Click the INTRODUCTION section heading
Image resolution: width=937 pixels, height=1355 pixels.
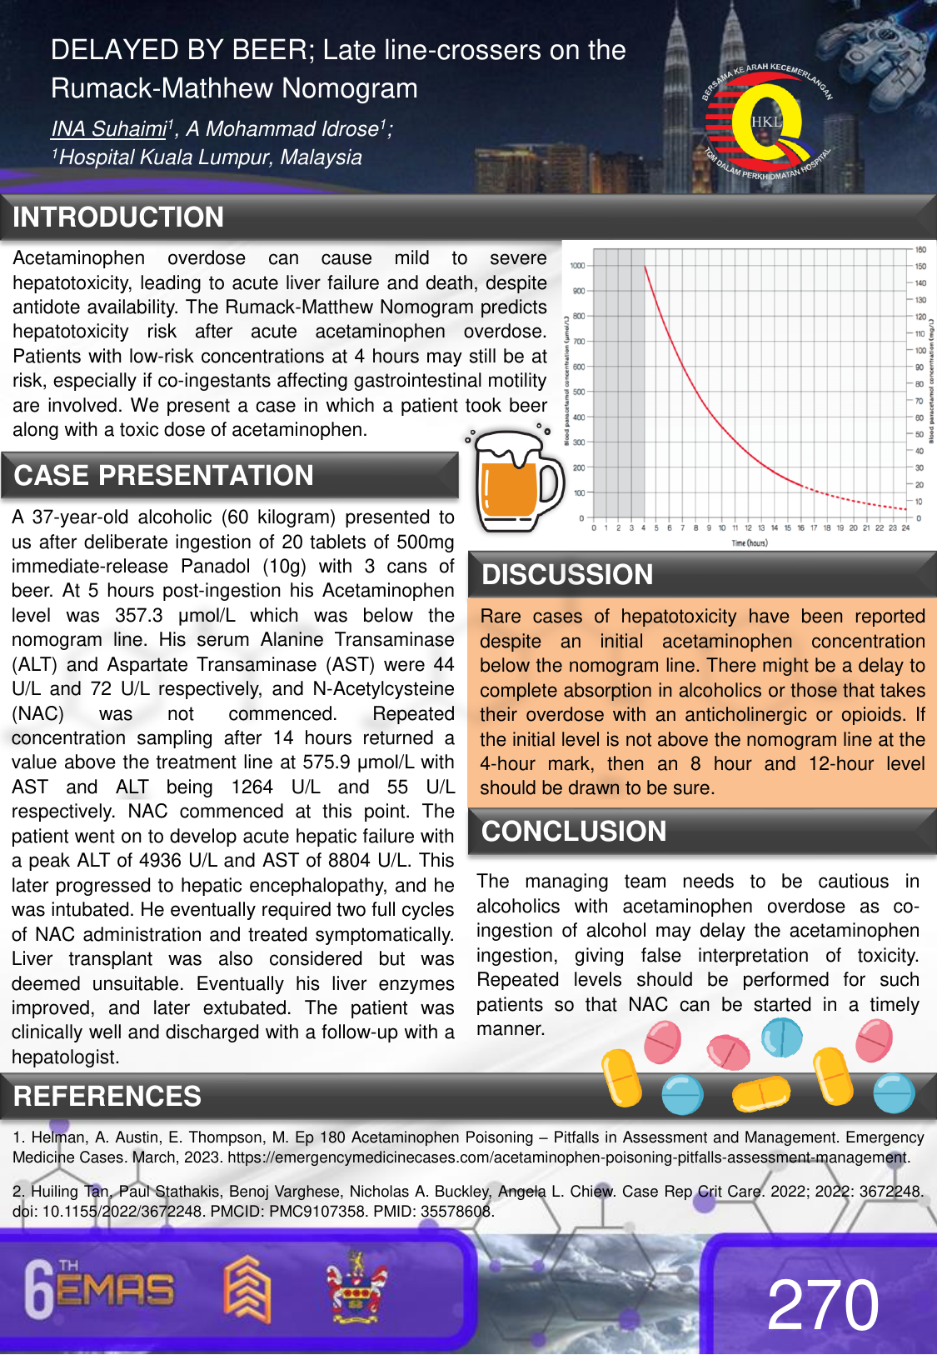coord(118,217)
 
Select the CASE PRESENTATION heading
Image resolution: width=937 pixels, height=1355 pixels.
coord(164,476)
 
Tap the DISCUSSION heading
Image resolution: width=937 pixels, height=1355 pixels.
coord(567,575)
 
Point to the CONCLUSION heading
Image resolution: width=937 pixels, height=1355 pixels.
coord(574,832)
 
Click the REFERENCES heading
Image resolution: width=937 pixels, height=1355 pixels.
coord(107,1097)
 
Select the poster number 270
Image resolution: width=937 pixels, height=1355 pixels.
coord(823,1306)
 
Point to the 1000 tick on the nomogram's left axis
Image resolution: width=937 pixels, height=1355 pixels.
coord(577,266)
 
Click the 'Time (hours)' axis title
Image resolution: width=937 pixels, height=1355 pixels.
coord(750,543)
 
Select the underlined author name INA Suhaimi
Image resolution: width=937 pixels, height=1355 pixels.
coord(109,129)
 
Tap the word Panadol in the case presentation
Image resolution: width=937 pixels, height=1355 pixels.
coord(215,567)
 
